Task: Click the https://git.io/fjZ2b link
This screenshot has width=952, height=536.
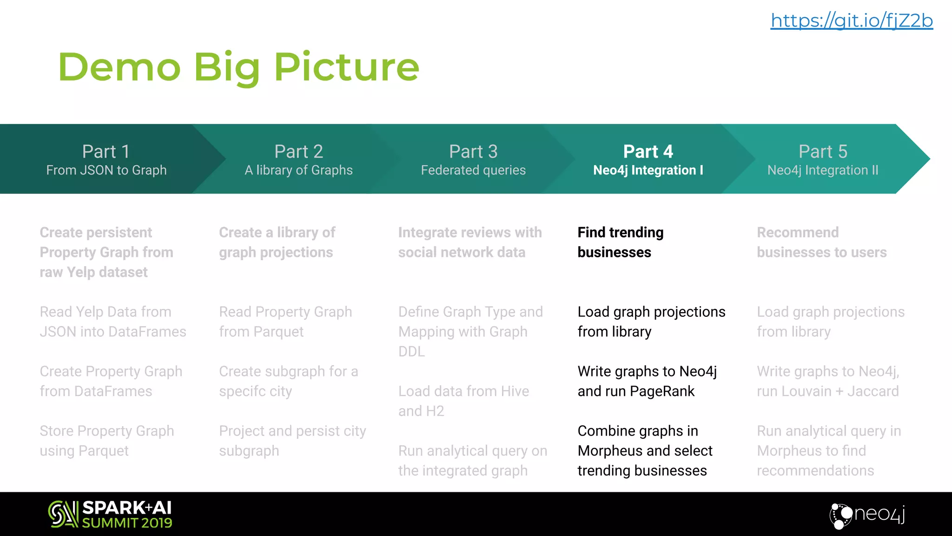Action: point(852,21)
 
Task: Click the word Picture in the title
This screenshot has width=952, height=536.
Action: point(346,67)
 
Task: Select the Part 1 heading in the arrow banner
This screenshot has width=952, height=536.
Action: point(106,152)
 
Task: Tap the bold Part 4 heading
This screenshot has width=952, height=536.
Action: point(648,152)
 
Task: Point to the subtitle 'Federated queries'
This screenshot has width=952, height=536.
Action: point(473,170)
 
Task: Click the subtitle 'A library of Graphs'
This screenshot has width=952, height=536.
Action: point(298,170)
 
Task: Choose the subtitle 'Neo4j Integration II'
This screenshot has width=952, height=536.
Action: point(823,170)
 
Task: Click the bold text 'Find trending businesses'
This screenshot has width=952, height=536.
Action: point(620,242)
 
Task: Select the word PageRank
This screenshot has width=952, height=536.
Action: point(662,391)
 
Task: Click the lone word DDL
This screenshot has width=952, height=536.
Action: point(411,351)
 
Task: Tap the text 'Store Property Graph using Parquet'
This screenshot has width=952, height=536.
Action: point(106,441)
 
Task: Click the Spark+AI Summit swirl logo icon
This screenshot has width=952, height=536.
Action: point(63,514)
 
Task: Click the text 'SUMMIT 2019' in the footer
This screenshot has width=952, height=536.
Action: point(127,523)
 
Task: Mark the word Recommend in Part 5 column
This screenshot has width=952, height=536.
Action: point(798,233)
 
